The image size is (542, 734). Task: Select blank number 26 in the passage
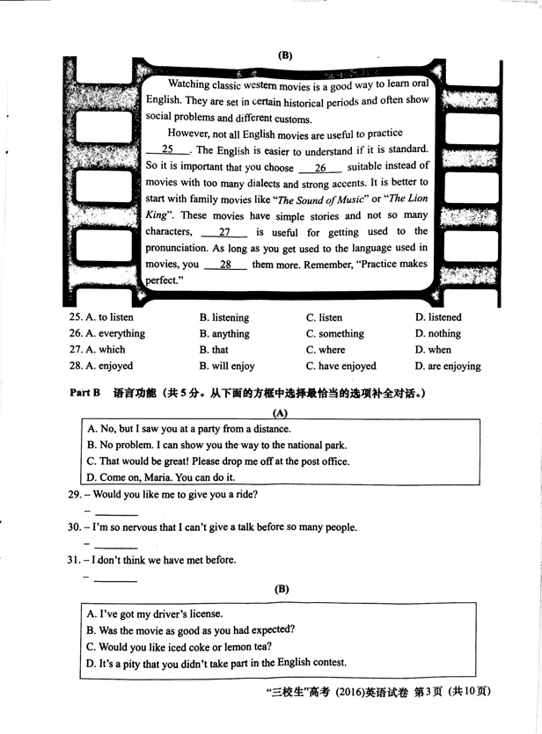320,167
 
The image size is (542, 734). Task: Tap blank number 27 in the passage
223,232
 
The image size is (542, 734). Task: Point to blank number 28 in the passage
226,265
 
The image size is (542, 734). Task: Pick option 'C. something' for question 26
334,334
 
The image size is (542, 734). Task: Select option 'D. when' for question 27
433,350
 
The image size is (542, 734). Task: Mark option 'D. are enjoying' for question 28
448,367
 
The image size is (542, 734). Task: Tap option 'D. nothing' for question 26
437,334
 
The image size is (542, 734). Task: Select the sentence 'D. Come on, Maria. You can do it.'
161,477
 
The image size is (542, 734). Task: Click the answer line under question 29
115,513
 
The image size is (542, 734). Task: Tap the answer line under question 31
115,579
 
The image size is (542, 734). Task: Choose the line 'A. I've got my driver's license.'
155,614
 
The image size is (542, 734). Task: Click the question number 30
74,527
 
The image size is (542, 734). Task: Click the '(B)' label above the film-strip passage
284,55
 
